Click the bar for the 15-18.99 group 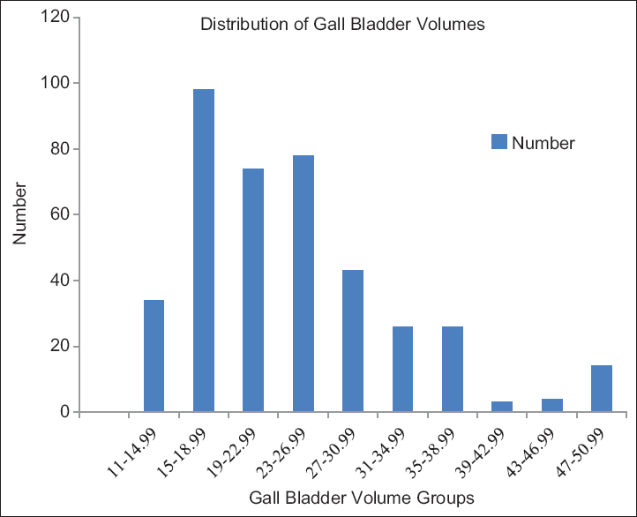204,251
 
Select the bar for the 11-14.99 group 154,356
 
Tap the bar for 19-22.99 253,290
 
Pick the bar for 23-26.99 304,283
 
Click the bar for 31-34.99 402,369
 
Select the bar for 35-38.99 453,369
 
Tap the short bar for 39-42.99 502,407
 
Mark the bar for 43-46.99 552,405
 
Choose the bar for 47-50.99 602,389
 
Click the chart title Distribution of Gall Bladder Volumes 343,25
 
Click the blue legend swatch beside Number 498,141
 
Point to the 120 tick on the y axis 56,18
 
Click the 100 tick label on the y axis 56,83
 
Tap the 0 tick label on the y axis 64,412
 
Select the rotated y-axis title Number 20,214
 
